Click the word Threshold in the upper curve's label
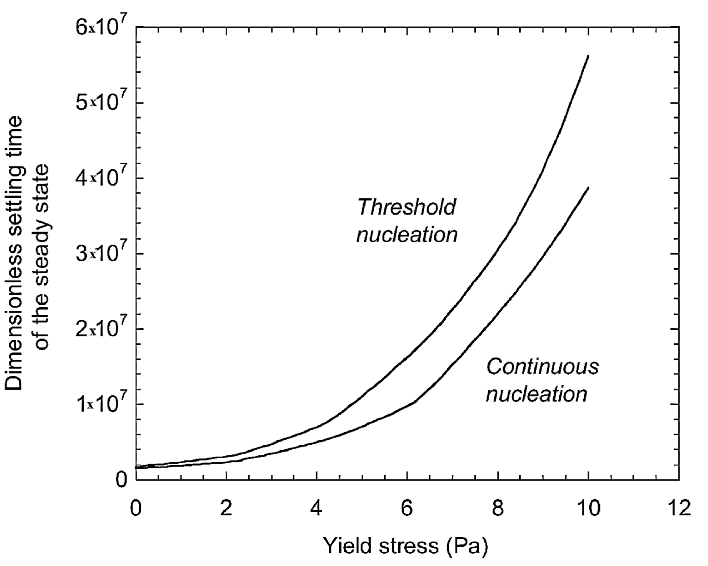407,207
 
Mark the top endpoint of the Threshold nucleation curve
589,56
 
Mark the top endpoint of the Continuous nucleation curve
589,188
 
